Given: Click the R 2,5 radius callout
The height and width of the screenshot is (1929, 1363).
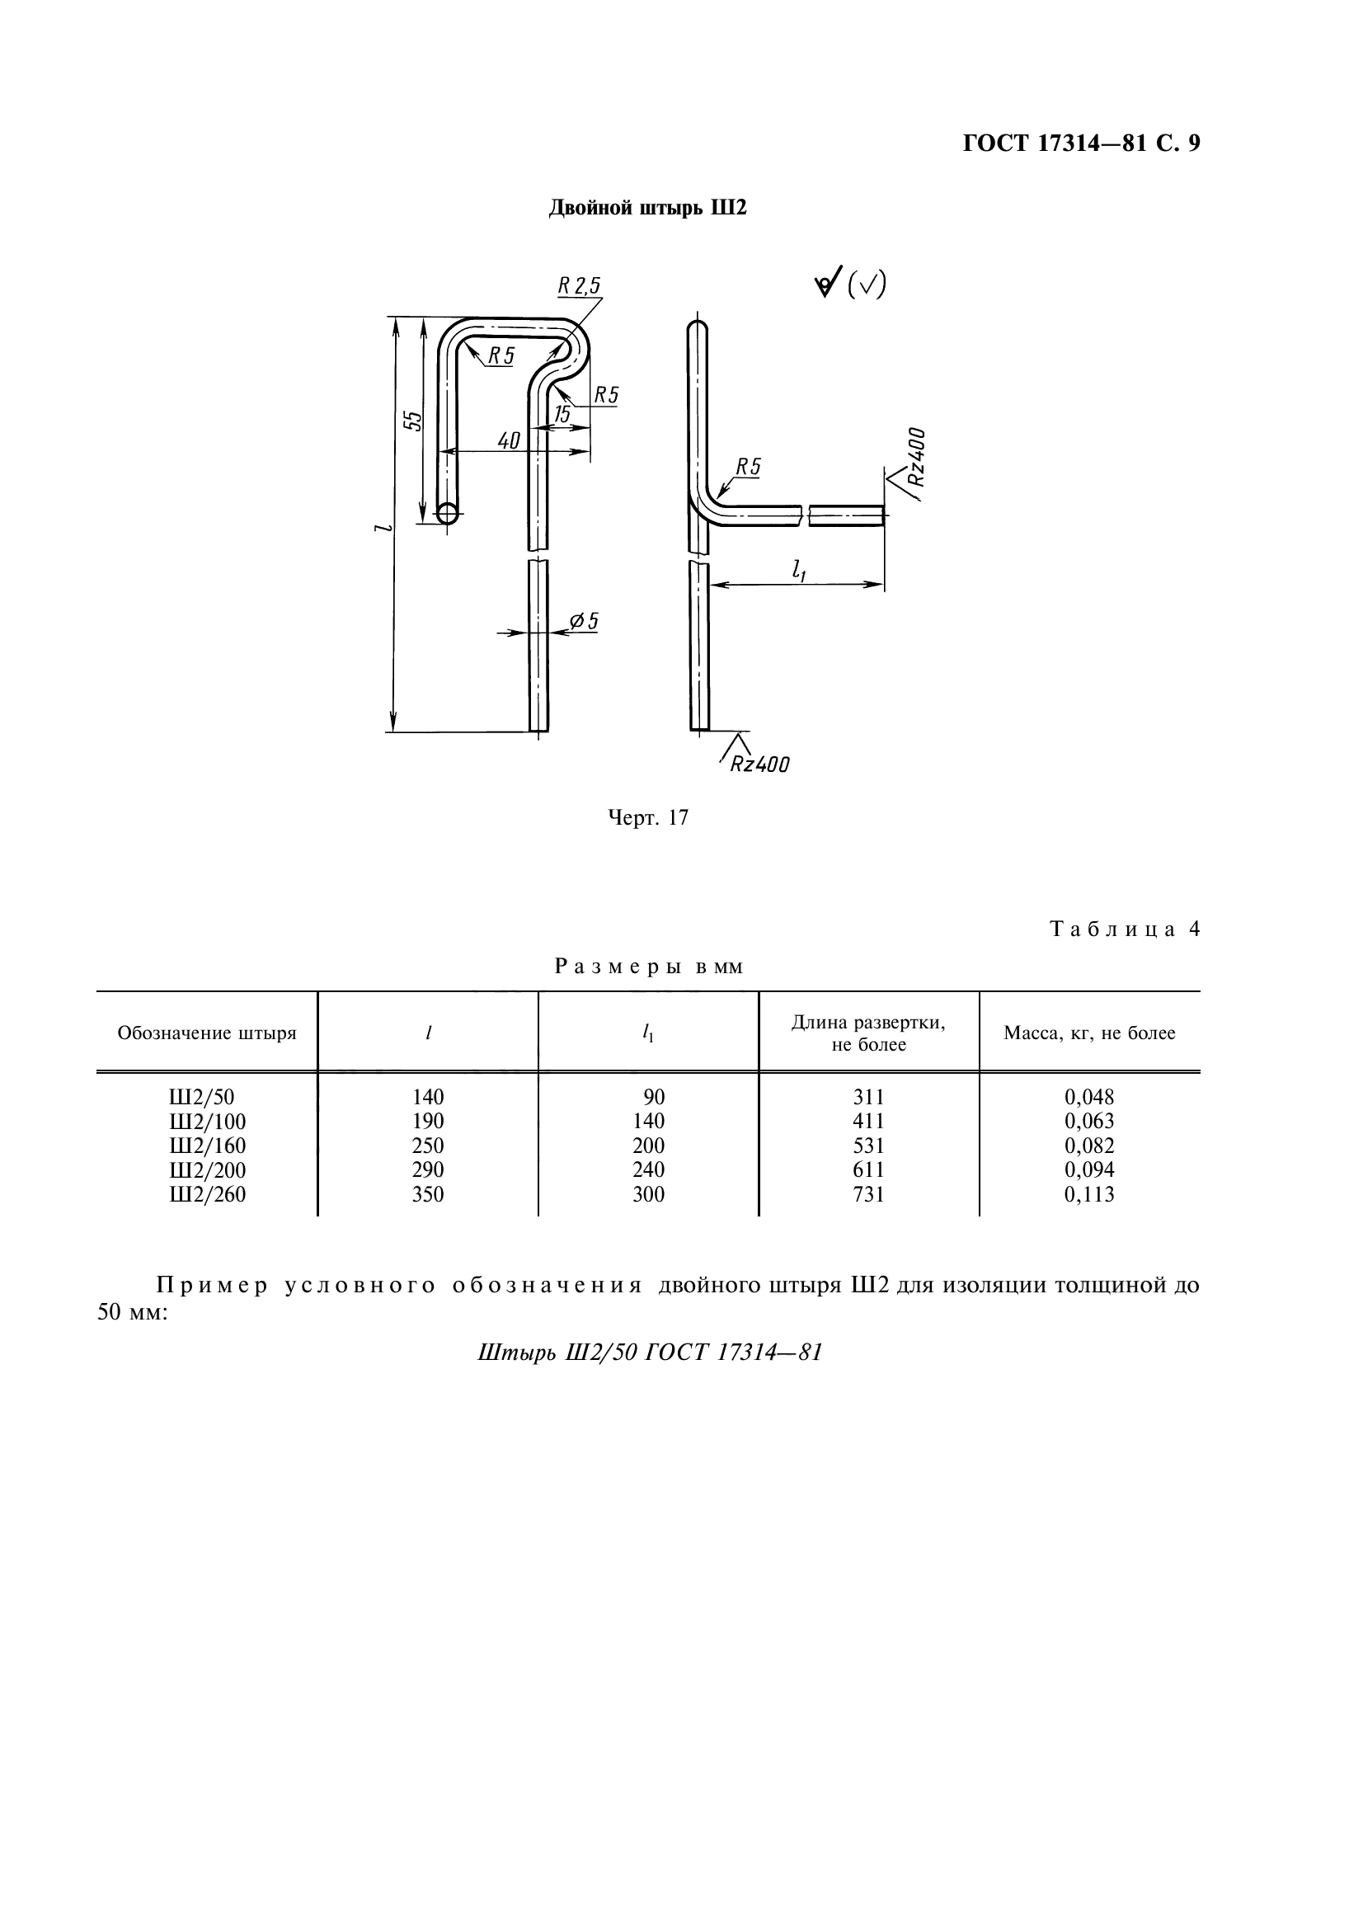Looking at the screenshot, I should [x=580, y=286].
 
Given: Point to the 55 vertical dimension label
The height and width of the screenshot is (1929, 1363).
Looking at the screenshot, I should [x=412, y=421].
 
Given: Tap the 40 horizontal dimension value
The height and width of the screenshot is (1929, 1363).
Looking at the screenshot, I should [x=509, y=440].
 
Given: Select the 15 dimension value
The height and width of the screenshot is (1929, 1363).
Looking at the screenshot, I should [x=562, y=413].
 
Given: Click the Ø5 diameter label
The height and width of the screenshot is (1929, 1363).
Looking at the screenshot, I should [x=584, y=621].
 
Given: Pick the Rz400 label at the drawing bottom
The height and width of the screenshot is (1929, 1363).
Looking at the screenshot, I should [x=759, y=764].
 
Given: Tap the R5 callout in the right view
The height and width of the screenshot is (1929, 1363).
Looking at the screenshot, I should [x=747, y=467].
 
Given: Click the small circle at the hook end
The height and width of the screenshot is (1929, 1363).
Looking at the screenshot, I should [x=448, y=512].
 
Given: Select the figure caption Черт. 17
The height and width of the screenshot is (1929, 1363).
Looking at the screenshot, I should [x=647, y=817].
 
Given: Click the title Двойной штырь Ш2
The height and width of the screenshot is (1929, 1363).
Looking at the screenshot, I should [x=646, y=208].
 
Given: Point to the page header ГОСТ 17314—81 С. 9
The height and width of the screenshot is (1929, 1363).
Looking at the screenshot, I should [x=1081, y=143].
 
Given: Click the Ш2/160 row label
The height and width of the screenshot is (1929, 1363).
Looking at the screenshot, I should [x=208, y=1146].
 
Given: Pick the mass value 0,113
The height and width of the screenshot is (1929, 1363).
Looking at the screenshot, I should [x=1089, y=1195].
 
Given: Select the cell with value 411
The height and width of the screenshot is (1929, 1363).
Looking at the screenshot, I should [x=868, y=1122].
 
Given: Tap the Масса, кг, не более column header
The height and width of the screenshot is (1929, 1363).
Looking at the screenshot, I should [x=1089, y=1033].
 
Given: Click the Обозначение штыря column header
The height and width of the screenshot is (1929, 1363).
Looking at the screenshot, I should [x=208, y=1033].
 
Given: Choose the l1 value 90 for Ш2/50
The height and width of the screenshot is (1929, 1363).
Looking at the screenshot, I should [x=653, y=1097].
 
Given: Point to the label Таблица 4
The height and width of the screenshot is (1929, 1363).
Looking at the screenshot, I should [x=1125, y=929].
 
